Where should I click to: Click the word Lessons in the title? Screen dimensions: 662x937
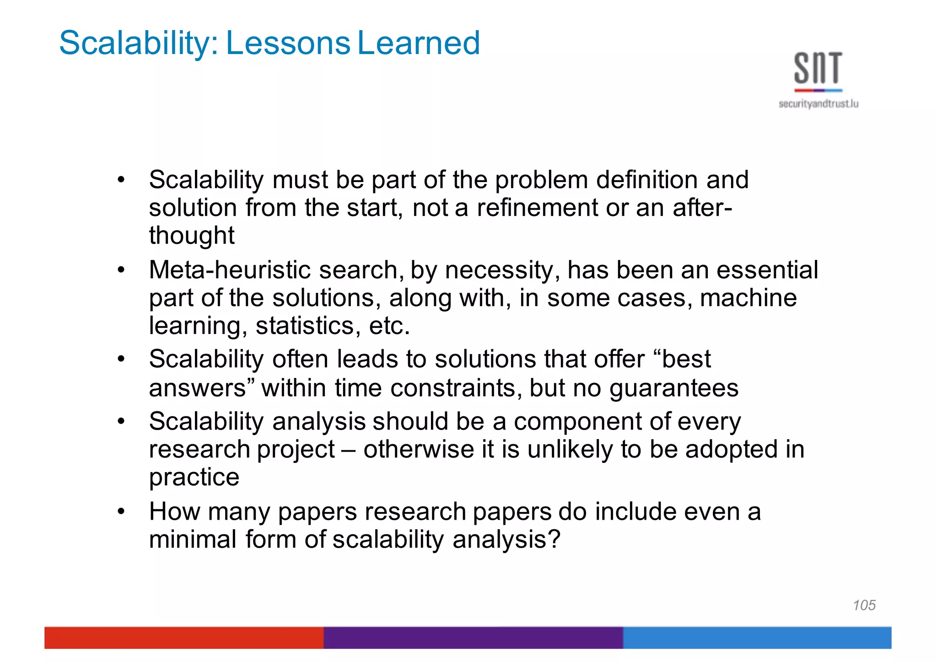click(288, 43)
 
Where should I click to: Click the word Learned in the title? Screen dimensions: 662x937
click(418, 43)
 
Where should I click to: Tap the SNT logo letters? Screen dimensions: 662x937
click(818, 69)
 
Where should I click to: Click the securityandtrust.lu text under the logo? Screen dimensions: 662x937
click(818, 104)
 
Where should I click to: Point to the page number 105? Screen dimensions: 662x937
click(864, 605)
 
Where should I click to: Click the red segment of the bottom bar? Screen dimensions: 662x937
click(183, 637)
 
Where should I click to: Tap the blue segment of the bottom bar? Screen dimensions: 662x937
click(757, 637)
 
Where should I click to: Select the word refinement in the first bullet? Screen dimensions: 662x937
click(537, 208)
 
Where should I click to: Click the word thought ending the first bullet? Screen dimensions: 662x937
click(191, 236)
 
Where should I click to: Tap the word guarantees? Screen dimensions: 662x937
click(673, 388)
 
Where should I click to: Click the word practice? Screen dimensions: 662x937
click(194, 477)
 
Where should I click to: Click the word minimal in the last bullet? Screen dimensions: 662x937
click(193, 539)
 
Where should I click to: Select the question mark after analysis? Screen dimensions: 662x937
click(555, 539)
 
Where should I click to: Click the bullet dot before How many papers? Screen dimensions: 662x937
click(121, 511)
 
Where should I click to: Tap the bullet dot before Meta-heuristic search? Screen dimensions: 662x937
click(121, 270)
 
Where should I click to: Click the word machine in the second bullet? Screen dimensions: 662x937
click(748, 298)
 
